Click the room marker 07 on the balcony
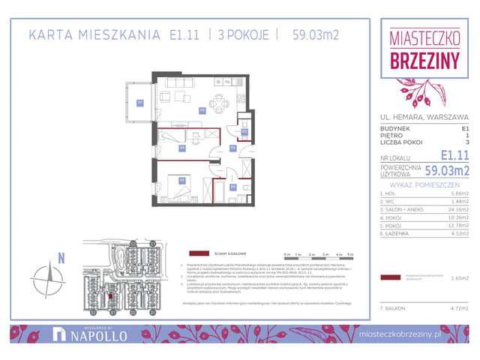pyautogui.click(x=139, y=102)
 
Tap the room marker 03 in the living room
pyautogui.click(x=202, y=110)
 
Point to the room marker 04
pyautogui.click(x=182, y=148)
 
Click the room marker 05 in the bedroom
pyautogui.click(x=181, y=180)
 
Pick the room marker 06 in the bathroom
pyautogui.click(x=233, y=187)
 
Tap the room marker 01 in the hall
pyautogui.click(x=233, y=148)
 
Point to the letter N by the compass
pyautogui.click(x=61, y=259)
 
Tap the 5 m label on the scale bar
pyautogui.click(x=350, y=255)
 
